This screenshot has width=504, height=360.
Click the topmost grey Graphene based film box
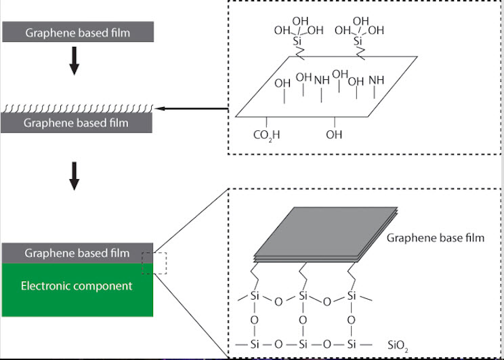pyautogui.click(x=79, y=31)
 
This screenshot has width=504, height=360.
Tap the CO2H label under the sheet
pyautogui.click(x=266, y=135)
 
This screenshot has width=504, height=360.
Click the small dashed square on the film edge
pyautogui.click(x=154, y=262)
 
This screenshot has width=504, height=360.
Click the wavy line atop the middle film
pyautogui.click(x=79, y=108)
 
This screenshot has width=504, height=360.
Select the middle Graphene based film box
pyautogui.click(x=79, y=123)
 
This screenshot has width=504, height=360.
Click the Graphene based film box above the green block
pyautogui.click(x=79, y=253)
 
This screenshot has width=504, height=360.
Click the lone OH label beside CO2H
pyautogui.click(x=334, y=135)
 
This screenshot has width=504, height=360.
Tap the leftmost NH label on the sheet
pyautogui.click(x=321, y=80)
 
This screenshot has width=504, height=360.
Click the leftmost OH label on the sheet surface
pyautogui.click(x=282, y=83)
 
